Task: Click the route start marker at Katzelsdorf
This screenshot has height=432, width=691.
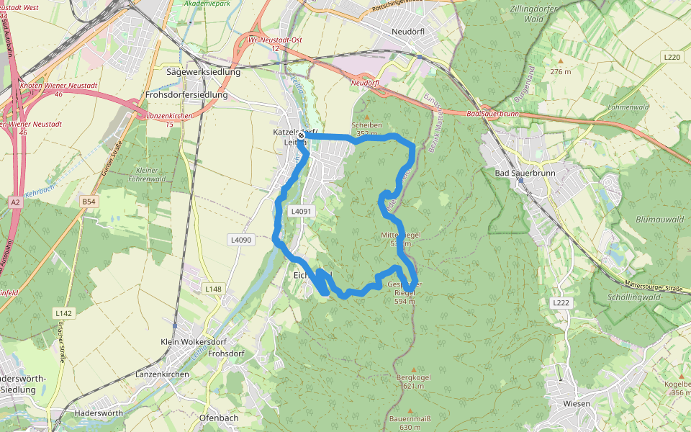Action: coord(300,135)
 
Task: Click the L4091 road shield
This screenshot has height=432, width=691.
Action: coord(302,211)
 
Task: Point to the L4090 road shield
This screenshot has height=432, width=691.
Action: coord(241,239)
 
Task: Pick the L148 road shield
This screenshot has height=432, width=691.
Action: coord(213,289)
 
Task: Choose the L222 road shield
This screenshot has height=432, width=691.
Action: coord(561,303)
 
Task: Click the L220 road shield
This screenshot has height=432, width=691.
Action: coord(672,57)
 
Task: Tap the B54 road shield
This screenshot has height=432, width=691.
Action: coord(89,202)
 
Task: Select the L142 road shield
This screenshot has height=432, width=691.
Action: coord(64,313)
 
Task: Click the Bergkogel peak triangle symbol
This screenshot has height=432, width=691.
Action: coord(413,369)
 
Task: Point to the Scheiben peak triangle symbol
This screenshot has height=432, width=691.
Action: coord(366,117)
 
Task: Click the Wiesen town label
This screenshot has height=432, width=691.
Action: coord(577,403)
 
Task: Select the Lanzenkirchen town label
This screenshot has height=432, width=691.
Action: coord(162,374)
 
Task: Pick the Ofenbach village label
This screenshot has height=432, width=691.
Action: coord(218,418)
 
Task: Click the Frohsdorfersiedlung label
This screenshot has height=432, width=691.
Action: coord(186,94)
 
